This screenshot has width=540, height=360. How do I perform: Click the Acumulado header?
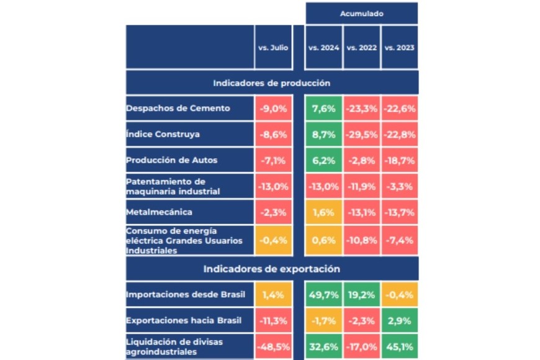click(x=361, y=13)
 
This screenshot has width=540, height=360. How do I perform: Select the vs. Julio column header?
click(x=272, y=47)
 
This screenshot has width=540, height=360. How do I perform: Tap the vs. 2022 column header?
click(x=361, y=47)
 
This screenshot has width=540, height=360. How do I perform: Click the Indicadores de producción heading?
click(x=271, y=83)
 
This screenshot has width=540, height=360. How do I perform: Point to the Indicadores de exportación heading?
click(x=271, y=269)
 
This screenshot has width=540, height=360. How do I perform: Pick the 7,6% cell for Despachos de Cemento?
click(x=323, y=109)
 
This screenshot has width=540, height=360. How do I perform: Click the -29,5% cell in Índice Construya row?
click(x=361, y=134)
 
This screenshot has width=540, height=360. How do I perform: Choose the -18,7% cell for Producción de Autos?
click(x=399, y=160)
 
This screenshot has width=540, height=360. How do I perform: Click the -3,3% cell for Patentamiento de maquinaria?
click(x=399, y=186)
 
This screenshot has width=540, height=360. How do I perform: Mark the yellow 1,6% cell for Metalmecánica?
click(x=323, y=212)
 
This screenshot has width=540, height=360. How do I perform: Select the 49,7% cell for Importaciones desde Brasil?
click(x=323, y=295)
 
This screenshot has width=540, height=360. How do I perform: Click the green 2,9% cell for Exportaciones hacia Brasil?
click(x=399, y=321)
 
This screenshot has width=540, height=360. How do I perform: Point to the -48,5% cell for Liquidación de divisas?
click(x=272, y=346)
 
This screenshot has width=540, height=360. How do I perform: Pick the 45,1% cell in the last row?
click(x=399, y=346)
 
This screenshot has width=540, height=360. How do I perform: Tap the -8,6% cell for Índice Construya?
click(x=272, y=134)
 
